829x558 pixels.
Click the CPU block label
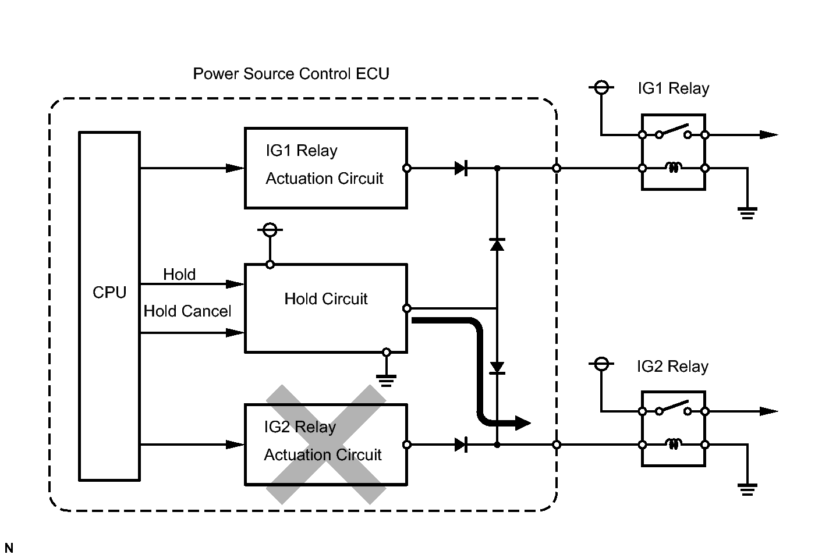(109, 292)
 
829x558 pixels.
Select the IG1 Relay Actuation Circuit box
(325, 168)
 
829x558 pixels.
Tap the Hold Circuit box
(325, 308)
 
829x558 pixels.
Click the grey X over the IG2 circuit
(326, 444)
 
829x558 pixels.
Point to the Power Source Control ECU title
(291, 74)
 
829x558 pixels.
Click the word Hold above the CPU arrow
(179, 274)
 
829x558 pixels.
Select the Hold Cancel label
(187, 311)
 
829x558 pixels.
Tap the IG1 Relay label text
(674, 88)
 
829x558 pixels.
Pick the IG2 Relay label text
(672, 367)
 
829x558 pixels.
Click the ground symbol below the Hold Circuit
(386, 380)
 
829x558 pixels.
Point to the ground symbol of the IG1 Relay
(747, 212)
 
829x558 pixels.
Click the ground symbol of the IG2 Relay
(747, 489)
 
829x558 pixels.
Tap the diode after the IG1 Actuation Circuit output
(460, 168)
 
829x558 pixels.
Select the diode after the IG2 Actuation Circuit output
(460, 445)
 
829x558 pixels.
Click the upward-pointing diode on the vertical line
(497, 244)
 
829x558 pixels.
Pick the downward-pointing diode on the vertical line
(497, 368)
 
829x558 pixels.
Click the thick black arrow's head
(522, 423)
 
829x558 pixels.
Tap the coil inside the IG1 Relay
(674, 168)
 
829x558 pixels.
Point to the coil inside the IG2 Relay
(674, 445)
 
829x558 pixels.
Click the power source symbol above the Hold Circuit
(270, 230)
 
